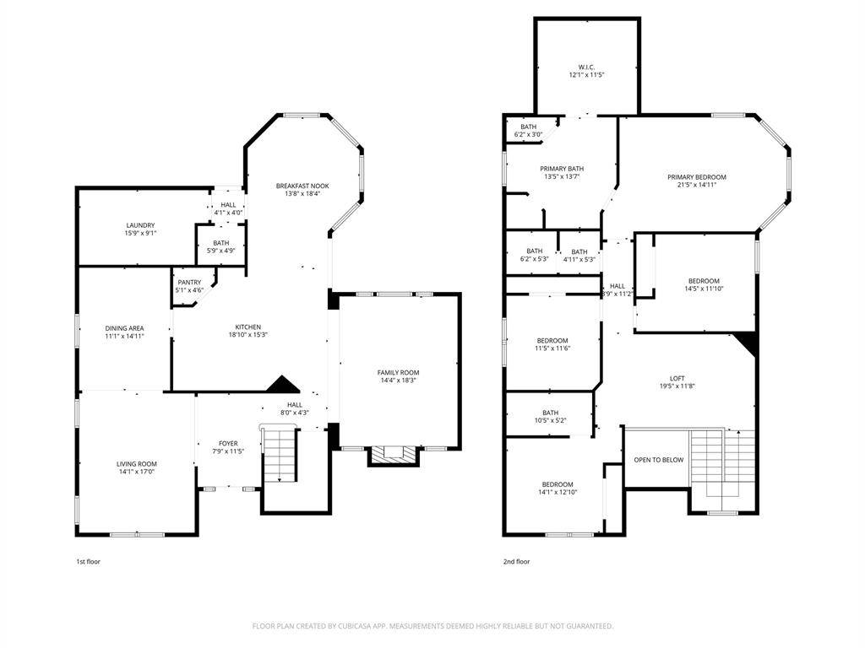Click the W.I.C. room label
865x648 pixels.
tap(585, 67)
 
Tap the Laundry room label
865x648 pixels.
tap(140, 225)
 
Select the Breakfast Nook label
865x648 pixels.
tap(302, 186)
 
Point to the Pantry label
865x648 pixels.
tap(189, 282)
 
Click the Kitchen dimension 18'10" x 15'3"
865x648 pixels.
tap(248, 335)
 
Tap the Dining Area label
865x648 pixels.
tap(123, 327)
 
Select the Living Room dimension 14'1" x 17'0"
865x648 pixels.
tap(136, 472)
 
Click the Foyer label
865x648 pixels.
tap(228, 443)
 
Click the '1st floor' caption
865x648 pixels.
tap(88, 561)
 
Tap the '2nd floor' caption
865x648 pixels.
tap(516, 561)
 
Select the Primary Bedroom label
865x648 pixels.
tap(696, 177)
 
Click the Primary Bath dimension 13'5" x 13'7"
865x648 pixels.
tap(562, 177)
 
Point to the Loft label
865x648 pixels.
tap(677, 378)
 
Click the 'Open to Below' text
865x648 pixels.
tap(659, 460)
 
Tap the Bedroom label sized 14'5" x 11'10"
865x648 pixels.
tap(703, 281)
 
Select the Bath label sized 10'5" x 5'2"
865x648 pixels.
tap(550, 413)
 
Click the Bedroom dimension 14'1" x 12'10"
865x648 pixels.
tap(558, 492)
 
